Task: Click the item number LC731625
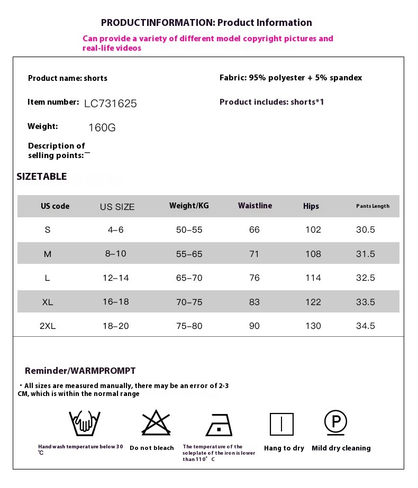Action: click(110, 104)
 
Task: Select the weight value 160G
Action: click(102, 128)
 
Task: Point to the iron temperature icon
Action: click(219, 425)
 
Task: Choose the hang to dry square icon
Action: click(281, 424)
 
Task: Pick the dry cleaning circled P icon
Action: click(335, 422)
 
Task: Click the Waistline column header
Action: click(255, 206)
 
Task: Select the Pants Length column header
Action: click(372, 206)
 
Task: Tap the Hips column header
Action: click(311, 206)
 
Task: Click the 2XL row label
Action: click(48, 326)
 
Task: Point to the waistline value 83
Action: click(255, 302)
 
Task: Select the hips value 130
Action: click(313, 326)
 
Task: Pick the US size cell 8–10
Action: click(116, 254)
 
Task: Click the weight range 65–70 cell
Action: click(189, 278)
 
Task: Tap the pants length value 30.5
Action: click(365, 230)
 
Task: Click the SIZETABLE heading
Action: click(42, 177)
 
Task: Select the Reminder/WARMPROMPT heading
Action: click(80, 371)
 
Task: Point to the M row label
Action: click(48, 254)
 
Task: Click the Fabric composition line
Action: click(290, 78)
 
